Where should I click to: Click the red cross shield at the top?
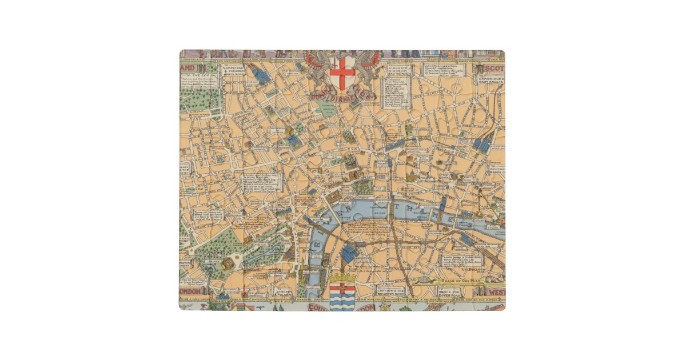pos(341,71)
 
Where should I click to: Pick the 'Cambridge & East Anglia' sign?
pos(492,79)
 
